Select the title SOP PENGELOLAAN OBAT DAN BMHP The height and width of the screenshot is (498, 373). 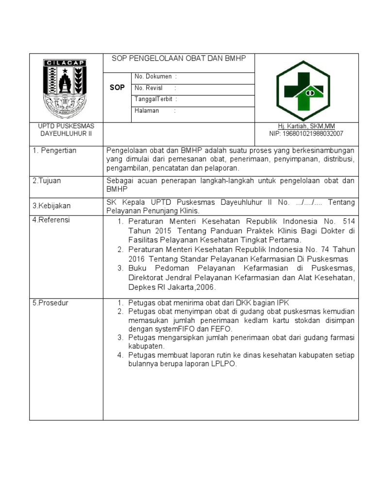[x=179, y=58]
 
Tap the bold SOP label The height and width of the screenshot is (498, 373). [x=117, y=88]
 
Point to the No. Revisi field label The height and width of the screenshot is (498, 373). [x=149, y=88]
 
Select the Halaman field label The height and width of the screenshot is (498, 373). [x=146, y=111]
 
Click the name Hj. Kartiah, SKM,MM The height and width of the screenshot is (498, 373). [x=306, y=126]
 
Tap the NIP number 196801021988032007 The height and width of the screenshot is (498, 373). [x=306, y=133]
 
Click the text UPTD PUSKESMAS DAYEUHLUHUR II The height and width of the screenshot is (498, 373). [x=66, y=129]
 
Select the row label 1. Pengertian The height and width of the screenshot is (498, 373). [x=54, y=151]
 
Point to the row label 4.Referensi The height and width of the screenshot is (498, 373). [x=51, y=220]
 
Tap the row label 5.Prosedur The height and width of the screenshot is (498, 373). [x=50, y=303]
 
